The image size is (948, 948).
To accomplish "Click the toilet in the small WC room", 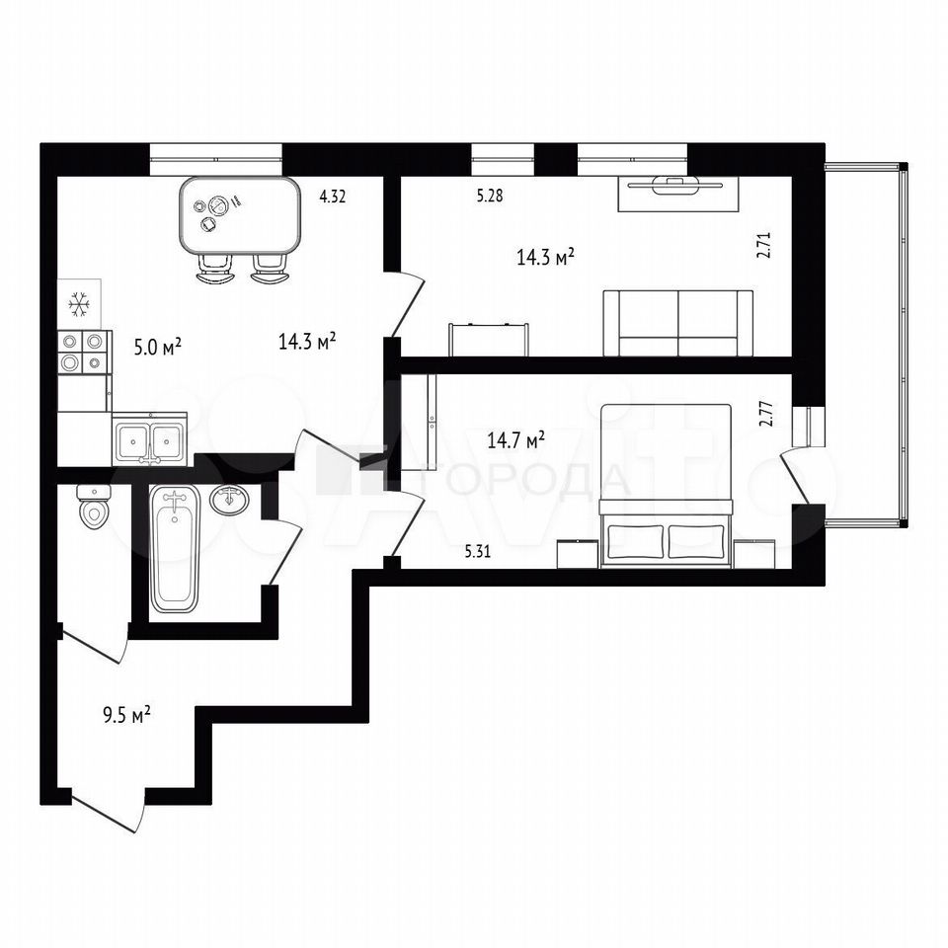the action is coord(94,508).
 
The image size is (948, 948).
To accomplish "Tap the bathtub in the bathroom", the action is coord(175,550).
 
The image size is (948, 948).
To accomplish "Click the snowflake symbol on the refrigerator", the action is coord(79,304).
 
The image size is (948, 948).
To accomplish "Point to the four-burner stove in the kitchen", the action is coord(85,352).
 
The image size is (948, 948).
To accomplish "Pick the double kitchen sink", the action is coord(149,438).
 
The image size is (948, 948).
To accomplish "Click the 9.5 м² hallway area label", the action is coord(126,716).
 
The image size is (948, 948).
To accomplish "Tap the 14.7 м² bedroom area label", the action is coord(516,439).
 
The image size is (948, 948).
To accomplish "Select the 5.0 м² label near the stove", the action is coord(157,348).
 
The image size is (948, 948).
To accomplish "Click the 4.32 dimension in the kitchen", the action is coord(333,196).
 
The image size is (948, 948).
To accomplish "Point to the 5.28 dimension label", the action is coord(490,196).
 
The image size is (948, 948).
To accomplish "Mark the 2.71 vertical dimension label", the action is coord(766,246).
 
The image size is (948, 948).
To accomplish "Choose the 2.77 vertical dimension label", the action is coord(766,414).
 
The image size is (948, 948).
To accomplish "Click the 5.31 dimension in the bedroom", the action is coord(478,551).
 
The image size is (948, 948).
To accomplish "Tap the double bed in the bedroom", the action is coord(666,486).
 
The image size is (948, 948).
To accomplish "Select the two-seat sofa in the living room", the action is coord(677,323).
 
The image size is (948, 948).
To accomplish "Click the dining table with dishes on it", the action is coord(241,216).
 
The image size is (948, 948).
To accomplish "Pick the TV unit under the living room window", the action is coord(678,194).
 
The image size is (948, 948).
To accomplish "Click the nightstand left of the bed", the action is coord(578,554).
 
